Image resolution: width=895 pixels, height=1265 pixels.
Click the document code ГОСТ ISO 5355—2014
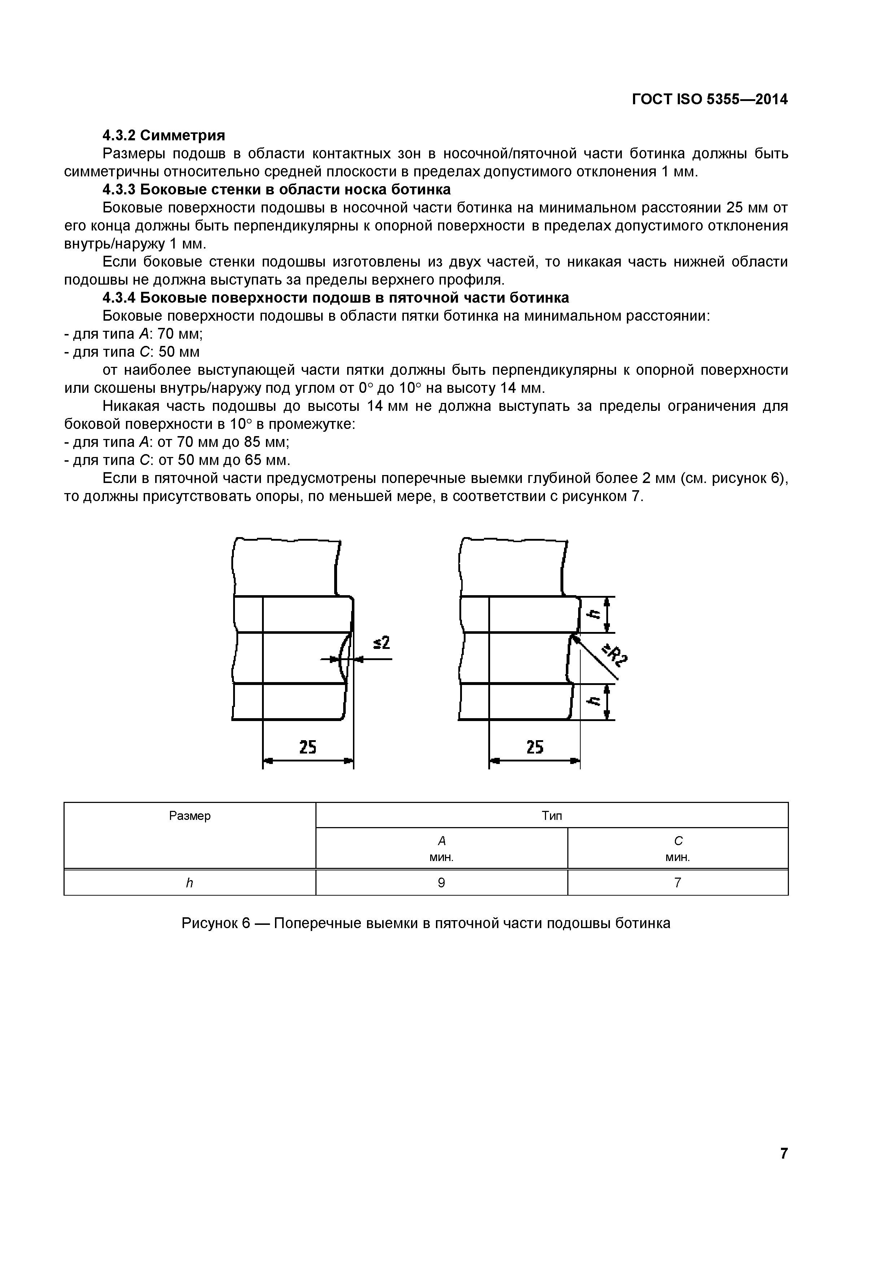tap(710, 100)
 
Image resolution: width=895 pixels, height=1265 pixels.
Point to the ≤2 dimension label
tap(381, 642)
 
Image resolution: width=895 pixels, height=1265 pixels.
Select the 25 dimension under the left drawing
tap(307, 747)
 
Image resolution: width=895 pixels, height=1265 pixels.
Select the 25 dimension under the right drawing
tap(534, 747)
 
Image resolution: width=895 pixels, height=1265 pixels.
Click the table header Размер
tap(189, 816)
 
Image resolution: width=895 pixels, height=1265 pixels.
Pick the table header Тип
tap(552, 816)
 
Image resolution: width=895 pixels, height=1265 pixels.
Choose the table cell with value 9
tap(441, 883)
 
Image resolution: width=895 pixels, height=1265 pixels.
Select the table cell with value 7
tap(677, 883)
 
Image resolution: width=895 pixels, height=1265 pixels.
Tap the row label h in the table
tap(189, 883)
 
